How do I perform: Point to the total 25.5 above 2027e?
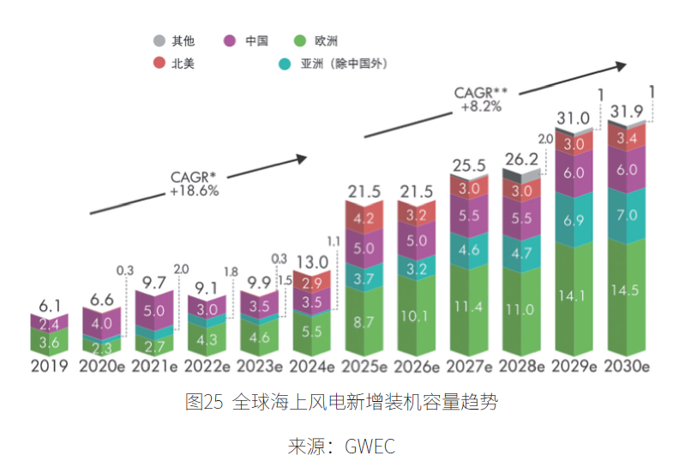click(468, 165)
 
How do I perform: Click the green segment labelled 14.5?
click(626, 290)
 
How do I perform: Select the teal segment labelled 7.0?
click(626, 215)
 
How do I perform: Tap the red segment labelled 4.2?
click(364, 218)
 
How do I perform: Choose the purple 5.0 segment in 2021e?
click(154, 311)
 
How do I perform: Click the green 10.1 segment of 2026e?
click(416, 315)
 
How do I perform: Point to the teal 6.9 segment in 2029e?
click(573, 221)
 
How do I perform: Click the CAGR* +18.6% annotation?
click(194, 184)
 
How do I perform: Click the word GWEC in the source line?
click(370, 446)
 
